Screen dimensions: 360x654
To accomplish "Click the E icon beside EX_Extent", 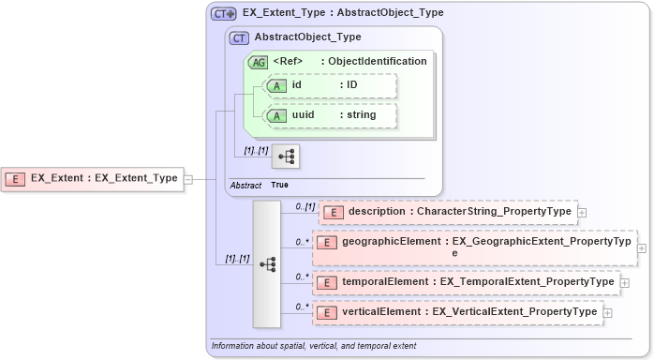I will click(16, 178).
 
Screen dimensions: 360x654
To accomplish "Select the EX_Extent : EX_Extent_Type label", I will click(104, 178).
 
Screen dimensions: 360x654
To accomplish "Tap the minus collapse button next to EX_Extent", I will click(188, 178).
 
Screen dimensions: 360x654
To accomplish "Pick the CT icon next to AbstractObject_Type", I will click(239, 37).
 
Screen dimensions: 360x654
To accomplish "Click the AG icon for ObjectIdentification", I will click(257, 61).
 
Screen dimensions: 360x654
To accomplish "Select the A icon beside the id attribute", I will click(276, 85).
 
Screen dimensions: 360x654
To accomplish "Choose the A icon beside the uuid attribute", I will click(276, 115).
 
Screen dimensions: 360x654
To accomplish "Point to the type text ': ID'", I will click(349, 85).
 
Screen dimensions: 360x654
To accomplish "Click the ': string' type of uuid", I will click(357, 115).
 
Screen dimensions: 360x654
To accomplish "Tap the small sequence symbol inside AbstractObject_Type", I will click(285, 156).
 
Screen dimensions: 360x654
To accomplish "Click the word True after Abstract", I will click(279, 185).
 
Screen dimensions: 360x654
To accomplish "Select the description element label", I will click(459, 212).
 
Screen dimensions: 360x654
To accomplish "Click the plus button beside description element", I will click(583, 212).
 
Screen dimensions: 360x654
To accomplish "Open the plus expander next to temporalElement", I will click(625, 281).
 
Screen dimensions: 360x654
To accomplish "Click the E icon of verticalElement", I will click(329, 312).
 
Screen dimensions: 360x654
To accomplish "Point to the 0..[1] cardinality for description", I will click(305, 205).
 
